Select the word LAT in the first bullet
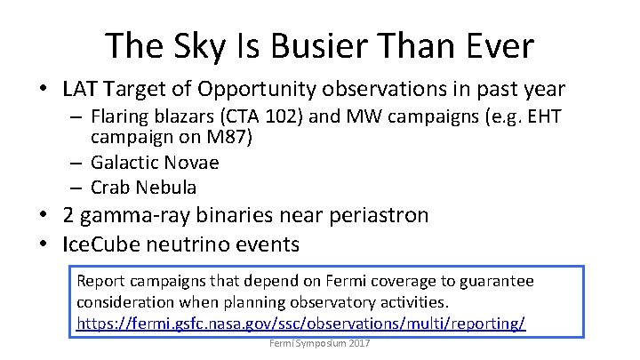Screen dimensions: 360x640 (x=80, y=89)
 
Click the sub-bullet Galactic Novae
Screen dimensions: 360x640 (x=155, y=163)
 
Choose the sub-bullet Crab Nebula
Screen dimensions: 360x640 (x=143, y=187)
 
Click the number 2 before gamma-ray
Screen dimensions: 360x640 (x=69, y=215)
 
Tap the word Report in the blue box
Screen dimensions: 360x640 (x=101, y=281)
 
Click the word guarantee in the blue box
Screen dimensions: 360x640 (x=498, y=281)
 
